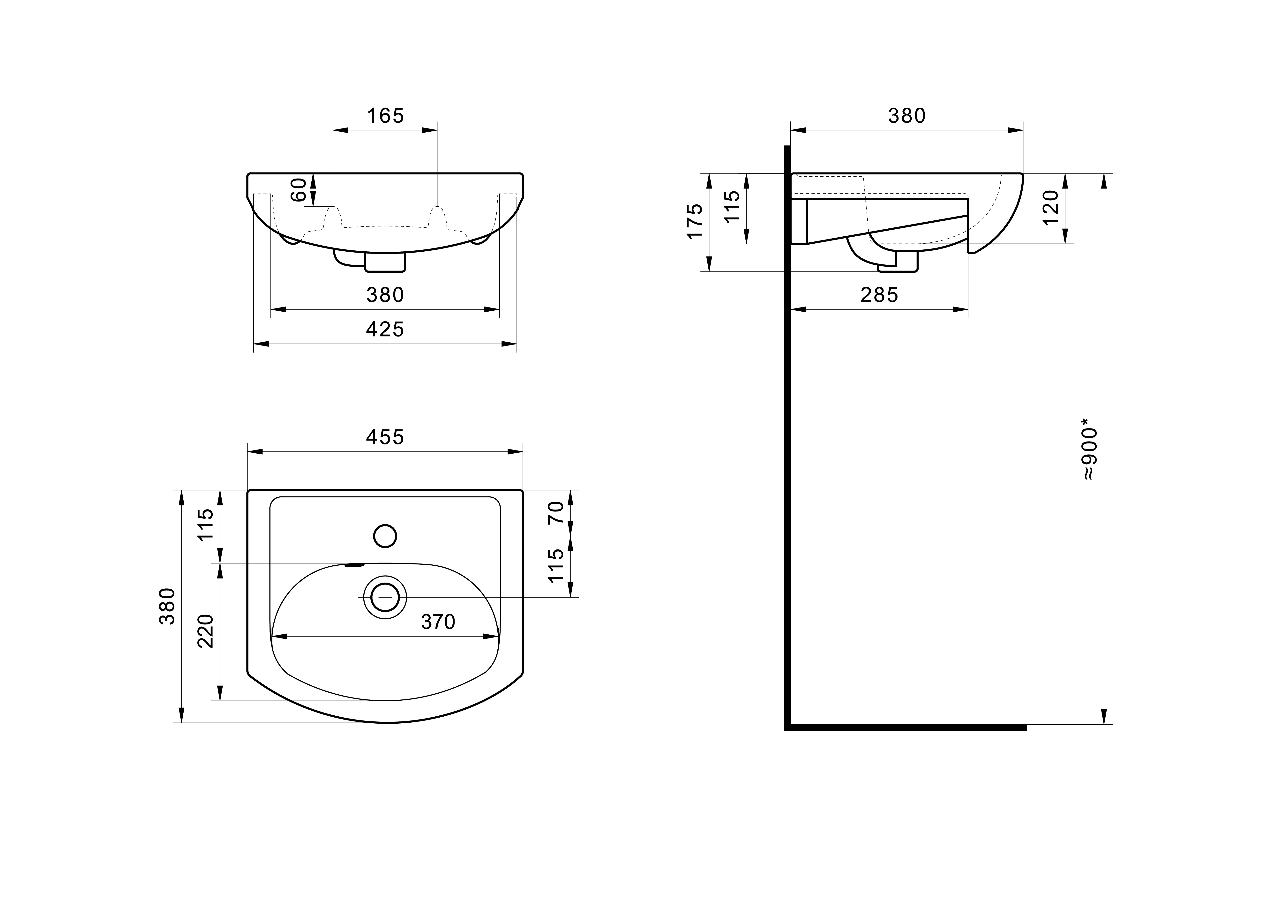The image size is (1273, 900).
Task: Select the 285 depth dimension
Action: [x=879, y=295]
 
